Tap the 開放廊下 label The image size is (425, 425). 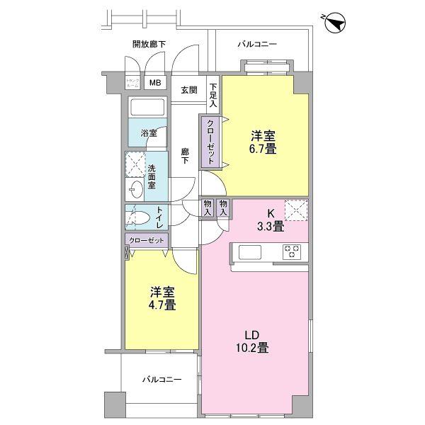coord(149,44)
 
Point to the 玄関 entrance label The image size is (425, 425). coord(188,90)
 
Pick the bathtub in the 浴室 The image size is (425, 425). coord(147,108)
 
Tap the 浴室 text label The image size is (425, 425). coord(147,133)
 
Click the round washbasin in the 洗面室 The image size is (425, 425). coord(135,189)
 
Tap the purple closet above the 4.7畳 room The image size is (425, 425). coord(147,241)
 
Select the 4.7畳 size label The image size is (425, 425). coord(162,298)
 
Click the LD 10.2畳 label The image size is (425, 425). coord(252,341)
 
